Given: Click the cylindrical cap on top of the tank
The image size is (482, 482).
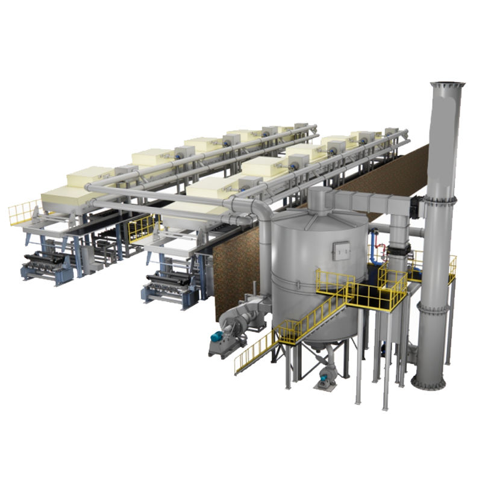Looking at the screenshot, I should coord(319,198).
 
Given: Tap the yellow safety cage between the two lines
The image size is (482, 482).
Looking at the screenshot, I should coord(142,227).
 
